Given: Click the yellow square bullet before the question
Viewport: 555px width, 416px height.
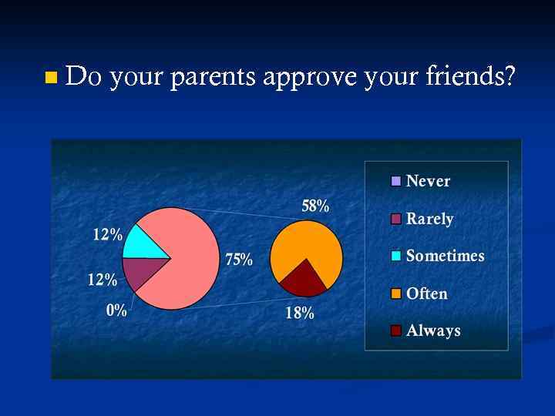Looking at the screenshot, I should (x=52, y=77).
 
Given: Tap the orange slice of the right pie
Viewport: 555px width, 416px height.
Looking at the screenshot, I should (x=308, y=247).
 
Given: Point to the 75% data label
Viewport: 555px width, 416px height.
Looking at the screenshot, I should (x=239, y=260).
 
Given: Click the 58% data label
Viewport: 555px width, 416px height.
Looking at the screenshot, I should (x=315, y=206).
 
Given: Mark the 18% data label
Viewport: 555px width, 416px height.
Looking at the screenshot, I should (x=300, y=313).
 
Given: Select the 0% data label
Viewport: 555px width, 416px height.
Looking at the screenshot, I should (x=116, y=310).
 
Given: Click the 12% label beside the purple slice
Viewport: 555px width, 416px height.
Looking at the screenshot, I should (x=103, y=280).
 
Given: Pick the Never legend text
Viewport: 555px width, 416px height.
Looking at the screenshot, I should (x=428, y=181).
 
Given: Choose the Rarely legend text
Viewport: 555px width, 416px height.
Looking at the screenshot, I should (x=429, y=219).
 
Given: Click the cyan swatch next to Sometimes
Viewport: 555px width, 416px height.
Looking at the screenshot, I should (x=396, y=257).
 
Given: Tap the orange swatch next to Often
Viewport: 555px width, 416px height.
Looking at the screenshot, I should (x=396, y=294).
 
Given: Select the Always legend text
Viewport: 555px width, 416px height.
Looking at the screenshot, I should (x=433, y=330).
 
